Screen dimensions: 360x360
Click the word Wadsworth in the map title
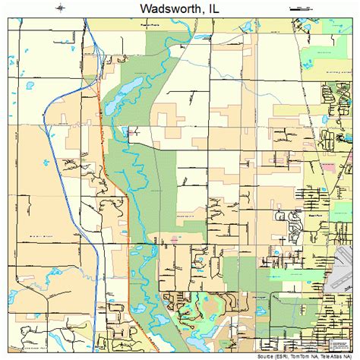coord(162,9)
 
